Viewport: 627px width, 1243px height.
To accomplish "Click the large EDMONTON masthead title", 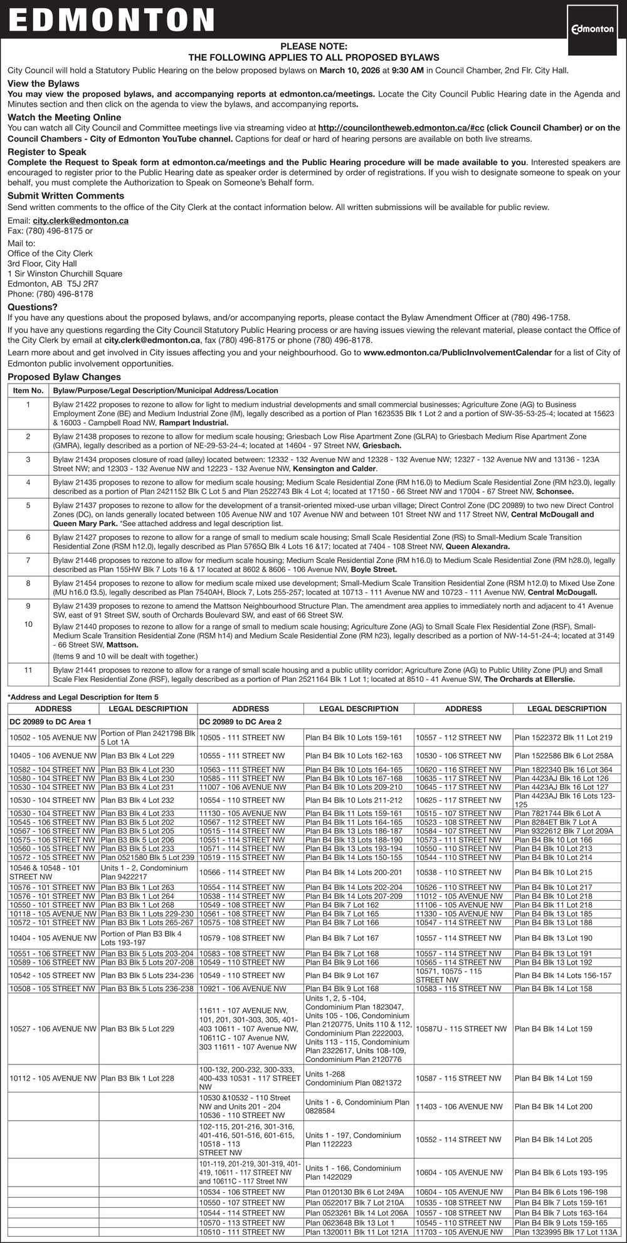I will pos(112,20).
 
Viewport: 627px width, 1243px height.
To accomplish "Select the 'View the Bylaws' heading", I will pos(43,83).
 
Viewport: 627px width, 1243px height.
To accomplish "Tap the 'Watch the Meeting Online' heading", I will pos(64,117).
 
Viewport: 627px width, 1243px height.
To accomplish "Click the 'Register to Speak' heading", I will pos(47,152).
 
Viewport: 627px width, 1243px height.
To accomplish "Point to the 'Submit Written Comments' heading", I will pos(66,196).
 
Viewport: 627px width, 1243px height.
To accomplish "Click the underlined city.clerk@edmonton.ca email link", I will pos(81,221).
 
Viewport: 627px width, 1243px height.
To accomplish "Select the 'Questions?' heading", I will pos(33,307).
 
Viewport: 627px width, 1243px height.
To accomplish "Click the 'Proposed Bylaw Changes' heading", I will pos(64,377).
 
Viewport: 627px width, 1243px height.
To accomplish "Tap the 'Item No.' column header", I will pos(28,391).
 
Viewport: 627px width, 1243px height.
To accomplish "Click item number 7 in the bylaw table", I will pos(28,560).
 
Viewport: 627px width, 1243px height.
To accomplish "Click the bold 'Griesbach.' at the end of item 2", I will pos(382,445).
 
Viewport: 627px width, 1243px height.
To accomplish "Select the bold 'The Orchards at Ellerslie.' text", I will pos(529,679).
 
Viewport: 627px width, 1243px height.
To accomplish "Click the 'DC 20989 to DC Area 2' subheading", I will pos(240,722).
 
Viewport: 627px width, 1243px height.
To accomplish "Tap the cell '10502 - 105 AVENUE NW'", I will pos(53,738).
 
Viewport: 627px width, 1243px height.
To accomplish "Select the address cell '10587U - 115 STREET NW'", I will pos(461,1029).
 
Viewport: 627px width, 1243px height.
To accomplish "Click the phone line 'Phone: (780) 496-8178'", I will pos(50,294).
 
